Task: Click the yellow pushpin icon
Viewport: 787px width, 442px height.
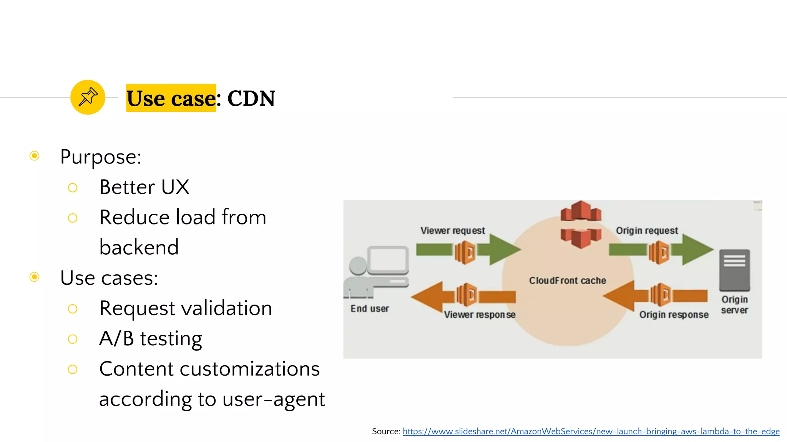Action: click(88, 97)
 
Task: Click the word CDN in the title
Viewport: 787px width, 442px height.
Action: click(251, 99)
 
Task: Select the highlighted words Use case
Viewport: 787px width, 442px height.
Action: click(171, 99)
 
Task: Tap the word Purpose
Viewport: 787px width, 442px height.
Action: click(100, 157)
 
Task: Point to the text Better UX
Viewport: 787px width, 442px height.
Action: click(144, 187)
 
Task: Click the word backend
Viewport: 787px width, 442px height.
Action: click(139, 247)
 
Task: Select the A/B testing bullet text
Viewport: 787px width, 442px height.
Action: click(151, 339)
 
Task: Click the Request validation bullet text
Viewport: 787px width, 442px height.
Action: click(186, 308)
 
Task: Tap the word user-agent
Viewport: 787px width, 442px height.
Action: click(274, 399)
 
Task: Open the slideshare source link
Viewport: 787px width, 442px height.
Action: click(591, 432)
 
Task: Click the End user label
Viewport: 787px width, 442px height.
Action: click(370, 309)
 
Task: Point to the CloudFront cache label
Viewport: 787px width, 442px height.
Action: click(568, 281)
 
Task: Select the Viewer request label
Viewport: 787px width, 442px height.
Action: click(453, 231)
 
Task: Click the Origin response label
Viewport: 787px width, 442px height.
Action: click(674, 315)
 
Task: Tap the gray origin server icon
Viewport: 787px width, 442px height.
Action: click(734, 270)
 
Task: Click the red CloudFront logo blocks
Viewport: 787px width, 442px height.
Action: click(581, 224)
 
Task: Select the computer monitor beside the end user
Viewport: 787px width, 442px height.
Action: click(388, 260)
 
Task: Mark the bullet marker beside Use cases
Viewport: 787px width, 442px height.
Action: click(35, 277)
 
